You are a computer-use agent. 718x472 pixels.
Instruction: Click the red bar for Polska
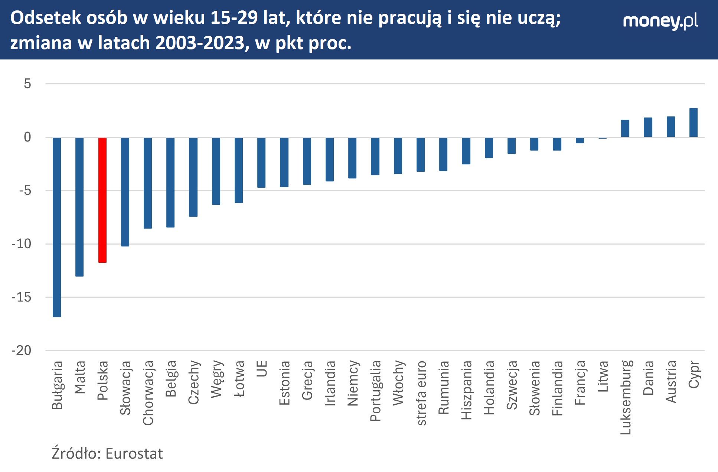tap(102, 200)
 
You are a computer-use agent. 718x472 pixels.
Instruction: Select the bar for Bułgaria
tap(57, 227)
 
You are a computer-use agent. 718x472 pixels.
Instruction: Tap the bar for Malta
tap(79, 207)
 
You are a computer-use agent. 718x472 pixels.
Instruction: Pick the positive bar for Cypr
tap(693, 123)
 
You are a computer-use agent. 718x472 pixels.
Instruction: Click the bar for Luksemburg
tap(625, 129)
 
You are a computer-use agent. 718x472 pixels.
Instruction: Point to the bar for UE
tap(261, 162)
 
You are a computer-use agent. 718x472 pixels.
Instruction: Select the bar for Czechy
tap(193, 177)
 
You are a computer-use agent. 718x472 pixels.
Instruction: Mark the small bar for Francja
tap(580, 140)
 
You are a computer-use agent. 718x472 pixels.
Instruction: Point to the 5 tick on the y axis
tap(27, 84)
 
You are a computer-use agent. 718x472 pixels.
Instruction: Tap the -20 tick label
tap(22, 350)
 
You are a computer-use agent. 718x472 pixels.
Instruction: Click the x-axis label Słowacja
tap(125, 388)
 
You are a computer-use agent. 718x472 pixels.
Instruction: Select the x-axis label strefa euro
tap(421, 393)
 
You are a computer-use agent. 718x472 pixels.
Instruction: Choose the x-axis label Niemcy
tap(353, 383)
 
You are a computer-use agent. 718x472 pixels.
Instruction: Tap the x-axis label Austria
tap(671, 382)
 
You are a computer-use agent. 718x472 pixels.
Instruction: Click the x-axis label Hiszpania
tap(466, 390)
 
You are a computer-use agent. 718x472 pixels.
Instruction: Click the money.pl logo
tap(660, 21)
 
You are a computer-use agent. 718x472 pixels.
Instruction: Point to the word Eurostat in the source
tap(134, 454)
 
